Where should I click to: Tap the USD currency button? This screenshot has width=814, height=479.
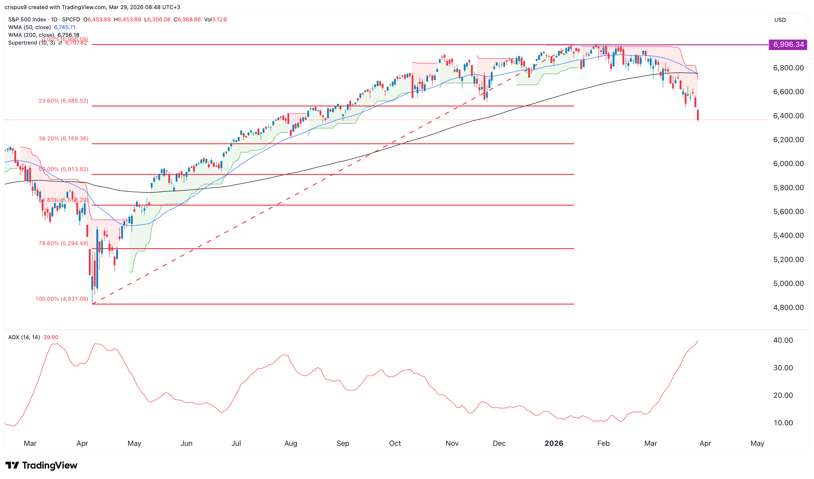[780, 20]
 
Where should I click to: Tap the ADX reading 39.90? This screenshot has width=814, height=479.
[51, 337]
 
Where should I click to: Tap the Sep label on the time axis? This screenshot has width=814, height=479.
[343, 444]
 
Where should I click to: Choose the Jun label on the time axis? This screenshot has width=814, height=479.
[187, 444]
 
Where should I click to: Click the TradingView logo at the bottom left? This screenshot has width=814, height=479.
[41, 465]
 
